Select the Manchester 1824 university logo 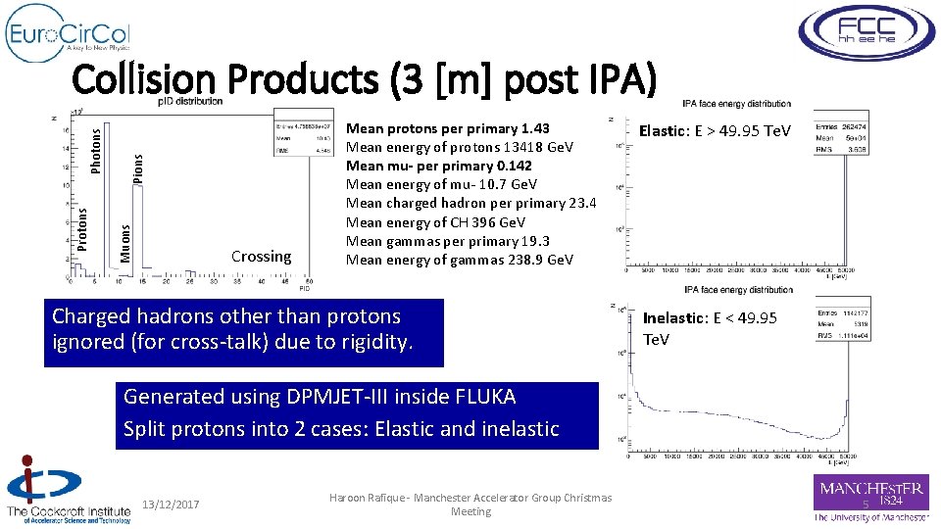tap(870, 499)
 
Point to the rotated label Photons tap(96, 147)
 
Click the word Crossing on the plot tap(261, 257)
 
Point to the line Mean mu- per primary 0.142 tap(439, 166)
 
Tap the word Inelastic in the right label tap(671, 318)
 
